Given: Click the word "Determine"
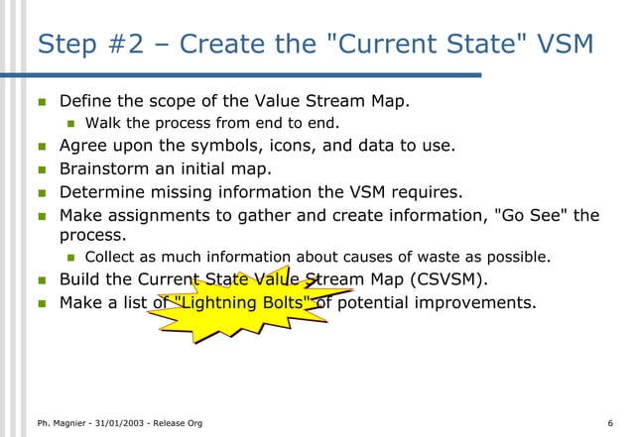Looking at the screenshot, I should coord(104,191).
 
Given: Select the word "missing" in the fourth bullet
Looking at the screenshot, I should coord(190,191).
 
